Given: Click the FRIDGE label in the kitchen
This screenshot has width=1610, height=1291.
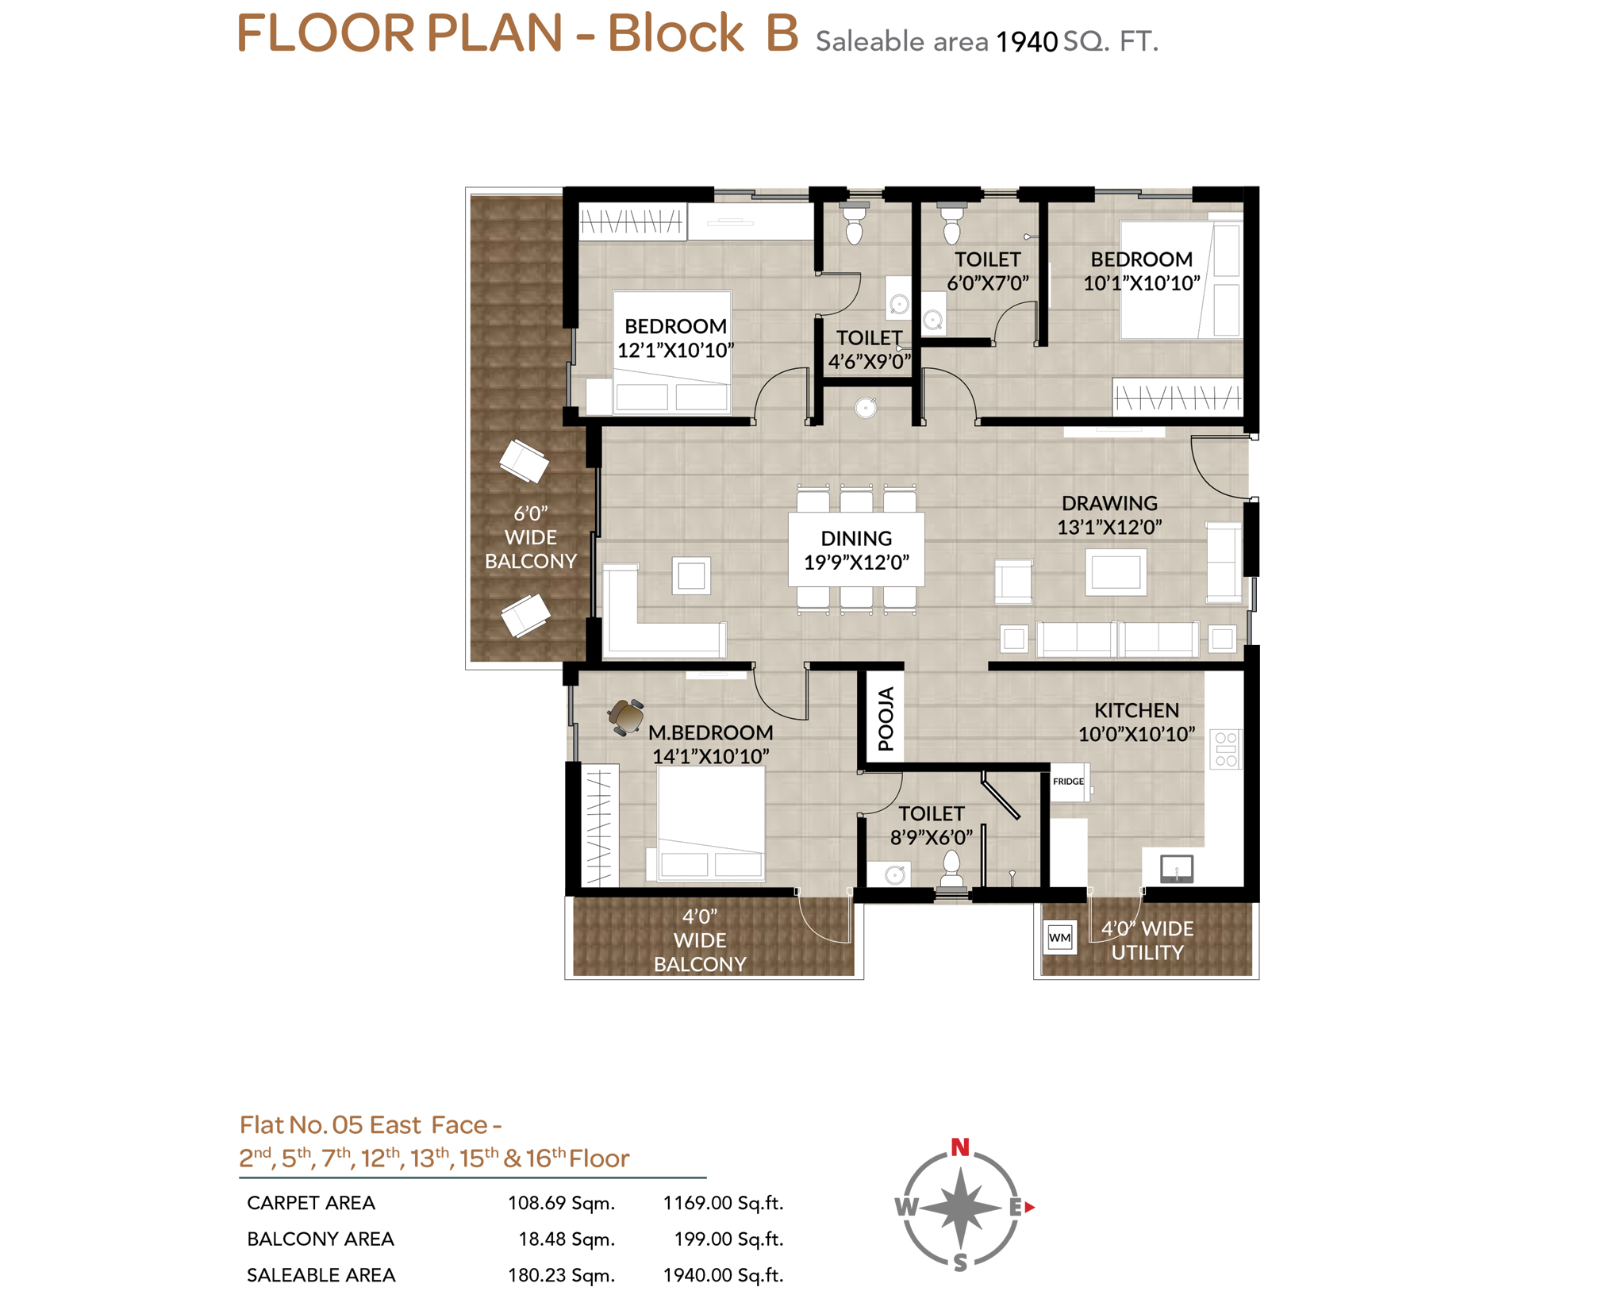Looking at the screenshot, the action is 1067,781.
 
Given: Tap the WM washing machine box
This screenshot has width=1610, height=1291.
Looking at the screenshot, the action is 1059,937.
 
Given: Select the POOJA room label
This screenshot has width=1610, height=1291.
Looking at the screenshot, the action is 886,718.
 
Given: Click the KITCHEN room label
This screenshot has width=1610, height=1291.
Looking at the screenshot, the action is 1135,710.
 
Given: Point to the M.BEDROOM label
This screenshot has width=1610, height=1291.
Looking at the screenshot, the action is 710,732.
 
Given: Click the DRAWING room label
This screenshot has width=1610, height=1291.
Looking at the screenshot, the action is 1109,503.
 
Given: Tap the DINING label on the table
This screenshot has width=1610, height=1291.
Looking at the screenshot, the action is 855,538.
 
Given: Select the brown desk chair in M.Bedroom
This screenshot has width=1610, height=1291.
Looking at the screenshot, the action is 626,717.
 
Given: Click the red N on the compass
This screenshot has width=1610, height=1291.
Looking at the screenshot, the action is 959,1147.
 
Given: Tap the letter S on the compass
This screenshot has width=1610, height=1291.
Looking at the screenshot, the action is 959,1262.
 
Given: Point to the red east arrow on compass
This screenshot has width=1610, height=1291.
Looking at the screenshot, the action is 1029,1207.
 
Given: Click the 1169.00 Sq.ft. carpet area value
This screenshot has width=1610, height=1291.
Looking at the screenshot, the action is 723,1203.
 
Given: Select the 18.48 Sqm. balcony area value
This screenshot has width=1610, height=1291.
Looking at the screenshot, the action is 567,1239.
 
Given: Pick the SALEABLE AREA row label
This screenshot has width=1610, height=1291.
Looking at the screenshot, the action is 321,1275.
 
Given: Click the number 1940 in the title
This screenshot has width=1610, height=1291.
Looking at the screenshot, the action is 1026,42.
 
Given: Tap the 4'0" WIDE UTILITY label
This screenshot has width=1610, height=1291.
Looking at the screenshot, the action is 1147,940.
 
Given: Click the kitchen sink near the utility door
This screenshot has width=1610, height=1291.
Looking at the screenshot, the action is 1176,869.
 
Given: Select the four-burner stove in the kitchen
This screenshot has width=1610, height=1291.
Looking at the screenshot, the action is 1225,749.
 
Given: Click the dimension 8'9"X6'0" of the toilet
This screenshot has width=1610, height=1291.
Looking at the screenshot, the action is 931,837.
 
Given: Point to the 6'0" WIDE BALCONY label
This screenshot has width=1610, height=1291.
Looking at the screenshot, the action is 530,537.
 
